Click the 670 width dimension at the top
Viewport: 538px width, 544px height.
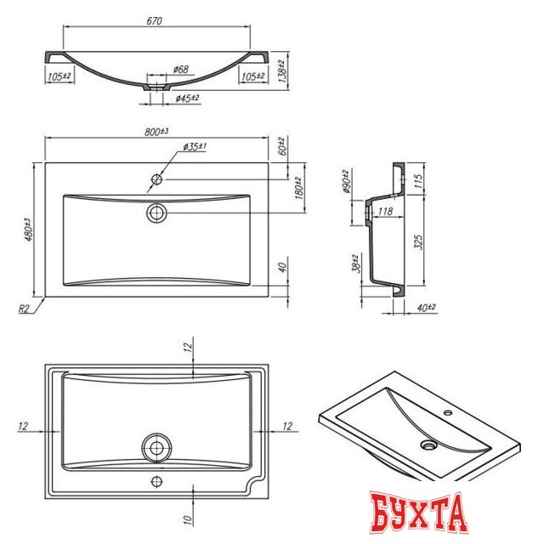click(x=156, y=19)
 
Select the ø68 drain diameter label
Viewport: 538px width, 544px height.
click(x=181, y=69)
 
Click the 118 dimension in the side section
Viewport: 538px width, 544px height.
click(x=383, y=212)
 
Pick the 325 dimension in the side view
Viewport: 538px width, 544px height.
click(x=418, y=241)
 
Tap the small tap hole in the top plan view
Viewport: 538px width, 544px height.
click(x=157, y=179)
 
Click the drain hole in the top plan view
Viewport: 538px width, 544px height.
click(x=157, y=212)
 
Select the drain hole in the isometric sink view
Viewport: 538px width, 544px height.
click(x=429, y=444)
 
